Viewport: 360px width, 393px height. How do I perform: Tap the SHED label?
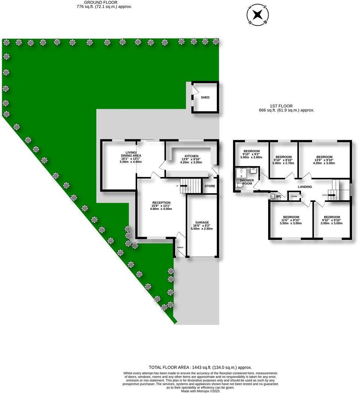pos(205,97)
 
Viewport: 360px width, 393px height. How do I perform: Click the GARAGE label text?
pos(202,222)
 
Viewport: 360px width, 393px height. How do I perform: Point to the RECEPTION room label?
pos(161,203)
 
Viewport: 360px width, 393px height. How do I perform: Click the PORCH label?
pos(180,247)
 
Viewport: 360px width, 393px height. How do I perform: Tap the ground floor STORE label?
pos(210,186)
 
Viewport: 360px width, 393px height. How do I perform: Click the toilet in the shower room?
pos(240,185)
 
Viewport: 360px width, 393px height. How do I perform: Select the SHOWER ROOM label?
pos(247,182)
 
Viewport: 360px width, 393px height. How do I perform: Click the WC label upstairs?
pos(278,196)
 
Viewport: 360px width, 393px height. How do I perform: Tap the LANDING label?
pos(305,187)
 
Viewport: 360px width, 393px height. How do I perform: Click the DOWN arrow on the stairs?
pos(332,195)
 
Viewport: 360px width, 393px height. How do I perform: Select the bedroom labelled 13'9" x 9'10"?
pos(324,157)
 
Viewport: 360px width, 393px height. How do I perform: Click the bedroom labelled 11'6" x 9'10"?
pos(291,217)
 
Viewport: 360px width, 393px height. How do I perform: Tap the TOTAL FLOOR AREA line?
pos(200,367)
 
